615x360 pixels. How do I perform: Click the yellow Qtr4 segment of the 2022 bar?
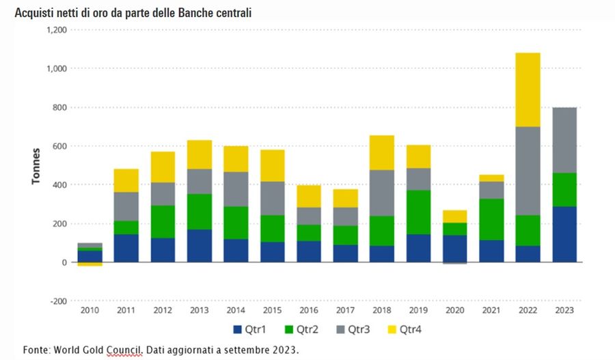pos(527,89)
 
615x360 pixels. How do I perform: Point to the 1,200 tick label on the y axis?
pos(56,30)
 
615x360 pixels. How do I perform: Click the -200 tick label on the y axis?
pos(57,301)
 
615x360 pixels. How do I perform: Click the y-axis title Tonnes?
pos(35,165)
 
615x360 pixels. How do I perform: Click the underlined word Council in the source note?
pos(125,348)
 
